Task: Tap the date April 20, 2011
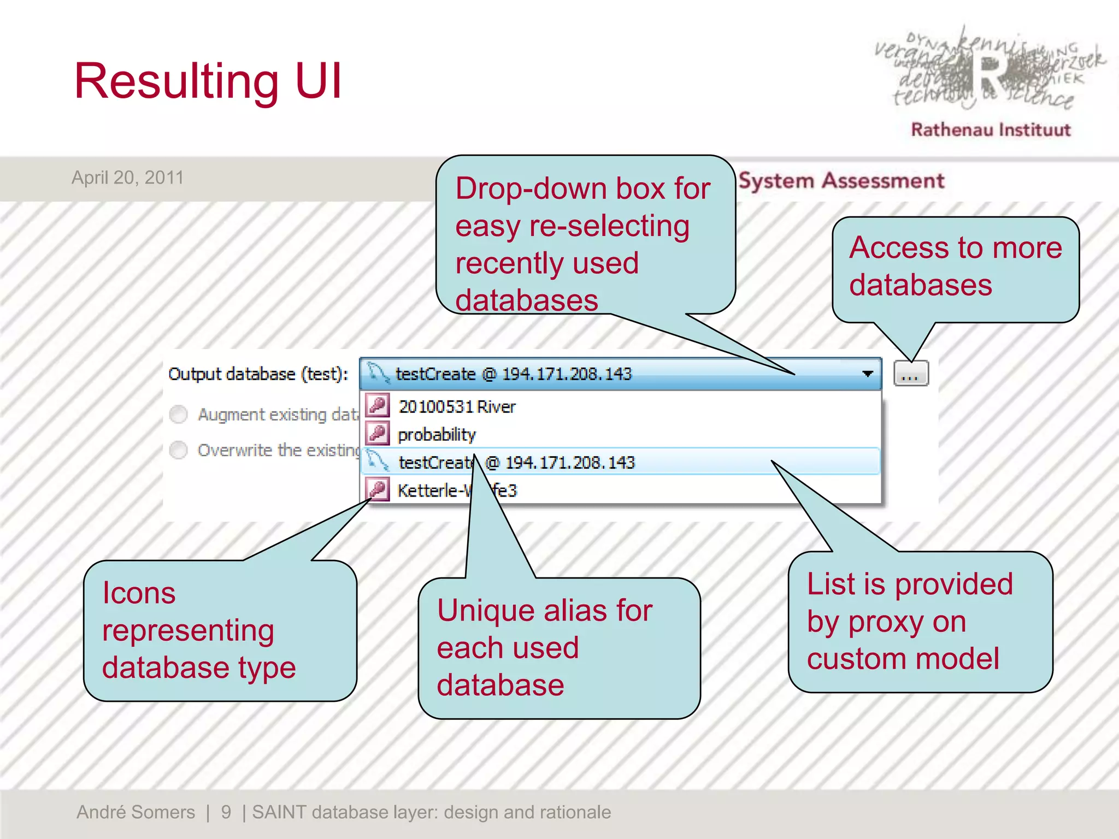click(128, 178)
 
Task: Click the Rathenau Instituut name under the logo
click(991, 130)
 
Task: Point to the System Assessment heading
click(841, 181)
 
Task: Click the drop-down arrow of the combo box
click(867, 374)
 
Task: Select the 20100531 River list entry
click(457, 407)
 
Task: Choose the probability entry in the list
click(437, 435)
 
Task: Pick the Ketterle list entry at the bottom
click(432, 491)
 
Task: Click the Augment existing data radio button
click(179, 415)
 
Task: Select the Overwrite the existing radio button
click(179, 450)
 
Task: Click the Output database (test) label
click(258, 374)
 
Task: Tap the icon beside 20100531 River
click(378, 406)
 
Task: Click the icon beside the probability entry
click(378, 434)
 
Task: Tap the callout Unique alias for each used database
click(558, 648)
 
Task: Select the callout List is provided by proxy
click(920, 622)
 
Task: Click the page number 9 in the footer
click(226, 812)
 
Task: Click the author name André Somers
click(136, 812)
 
